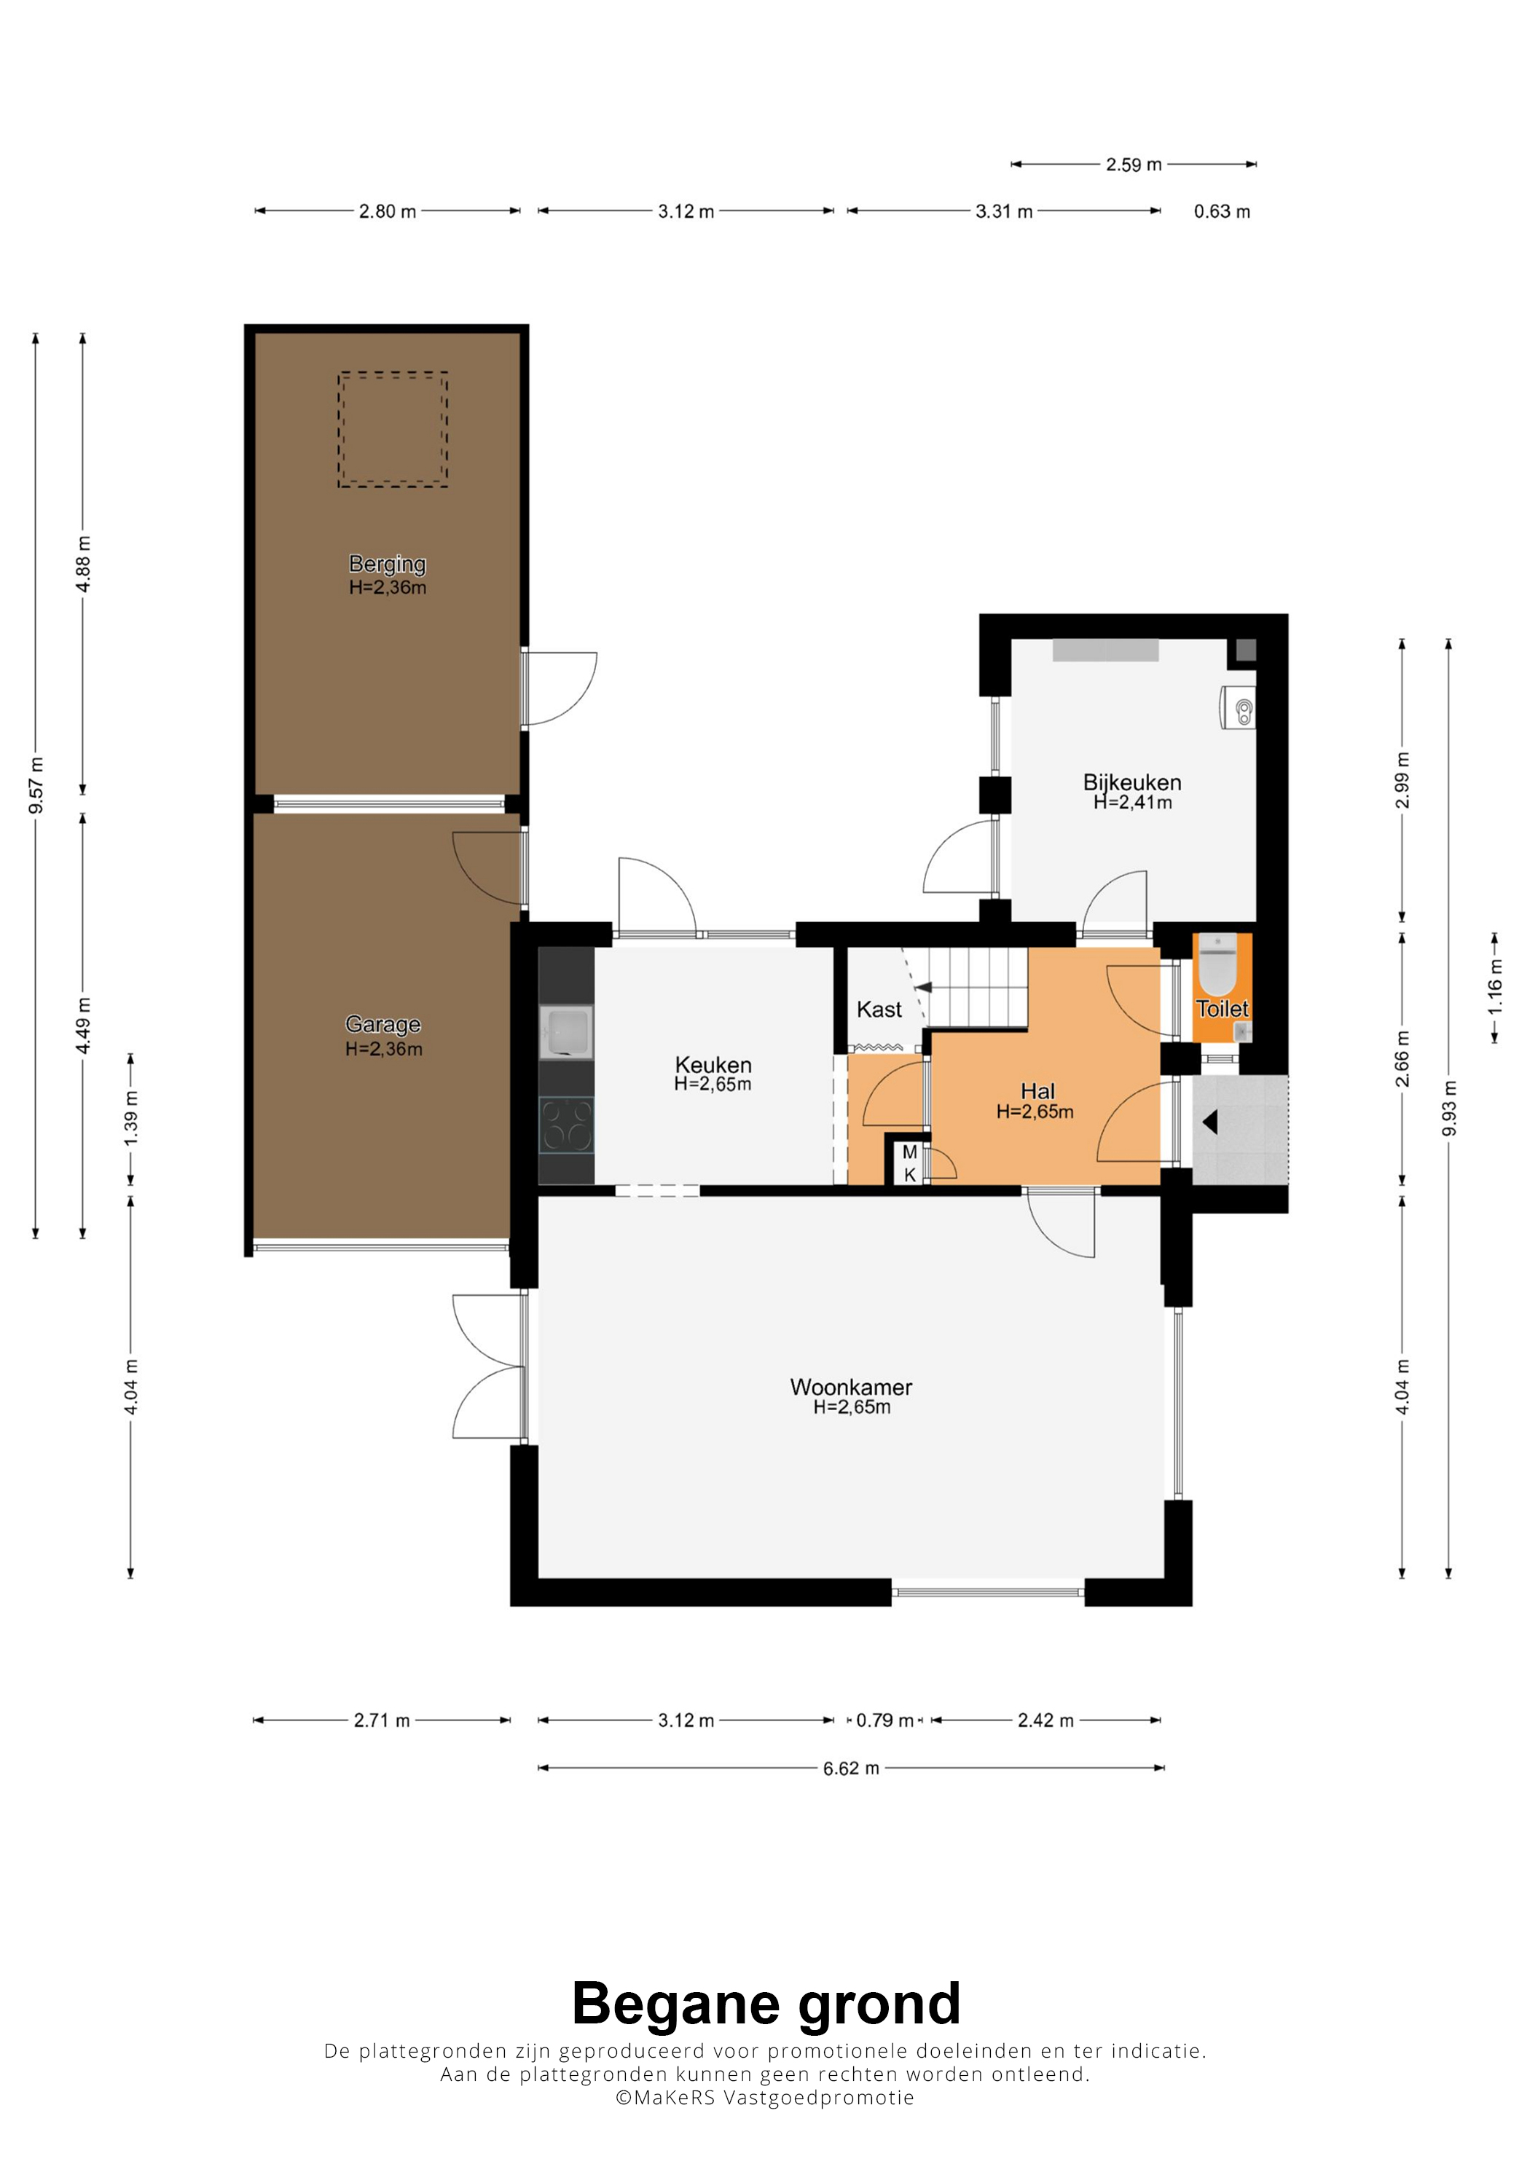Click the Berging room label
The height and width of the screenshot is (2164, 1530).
pyautogui.click(x=388, y=564)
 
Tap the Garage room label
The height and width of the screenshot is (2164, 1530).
pyautogui.click(x=382, y=1025)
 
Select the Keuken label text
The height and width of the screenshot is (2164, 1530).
pyautogui.click(x=713, y=1065)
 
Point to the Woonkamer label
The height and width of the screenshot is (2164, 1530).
pyautogui.click(x=851, y=1388)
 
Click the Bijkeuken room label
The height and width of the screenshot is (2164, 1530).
pyautogui.click(x=1132, y=782)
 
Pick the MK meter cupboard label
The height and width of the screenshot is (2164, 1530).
pyautogui.click(x=910, y=1163)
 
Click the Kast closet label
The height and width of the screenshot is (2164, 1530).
pyautogui.click(x=879, y=1010)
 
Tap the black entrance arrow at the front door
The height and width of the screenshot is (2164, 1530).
pyautogui.click(x=1209, y=1122)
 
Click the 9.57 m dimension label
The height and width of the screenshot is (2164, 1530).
pyautogui.click(x=36, y=785)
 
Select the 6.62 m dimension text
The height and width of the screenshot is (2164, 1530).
pyautogui.click(x=851, y=1768)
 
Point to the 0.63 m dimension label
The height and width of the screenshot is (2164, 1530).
pyautogui.click(x=1222, y=211)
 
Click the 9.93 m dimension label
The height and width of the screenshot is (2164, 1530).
pyautogui.click(x=1450, y=1109)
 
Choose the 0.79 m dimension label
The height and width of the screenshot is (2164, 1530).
pyautogui.click(x=885, y=1720)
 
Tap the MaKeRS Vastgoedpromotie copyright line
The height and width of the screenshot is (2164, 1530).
pyautogui.click(x=764, y=2097)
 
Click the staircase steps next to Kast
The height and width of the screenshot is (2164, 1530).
pyautogui.click(x=978, y=987)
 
